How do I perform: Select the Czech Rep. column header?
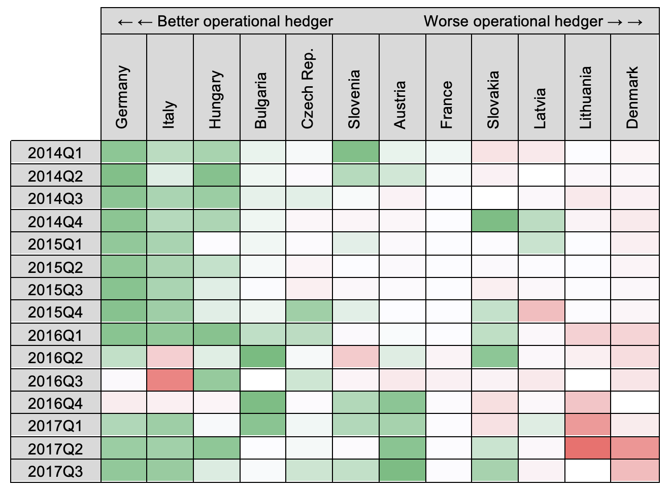[309, 89]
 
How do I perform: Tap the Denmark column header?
[632, 97]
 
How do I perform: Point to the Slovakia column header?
[494, 99]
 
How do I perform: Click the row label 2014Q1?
[55, 153]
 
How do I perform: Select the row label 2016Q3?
[55, 380]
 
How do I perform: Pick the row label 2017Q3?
[55, 471]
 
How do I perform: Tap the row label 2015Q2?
[55, 267]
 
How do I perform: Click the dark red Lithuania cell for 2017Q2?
[587, 448]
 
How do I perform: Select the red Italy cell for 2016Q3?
[170, 380]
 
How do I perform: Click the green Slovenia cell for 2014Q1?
[355, 152]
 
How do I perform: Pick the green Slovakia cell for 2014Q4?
[495, 221]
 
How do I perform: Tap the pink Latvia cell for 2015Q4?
[541, 312]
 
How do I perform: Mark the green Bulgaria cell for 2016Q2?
[263, 358]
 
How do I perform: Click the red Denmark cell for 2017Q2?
[634, 448]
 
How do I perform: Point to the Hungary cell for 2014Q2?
[217, 176]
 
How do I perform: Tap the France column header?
[447, 104]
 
